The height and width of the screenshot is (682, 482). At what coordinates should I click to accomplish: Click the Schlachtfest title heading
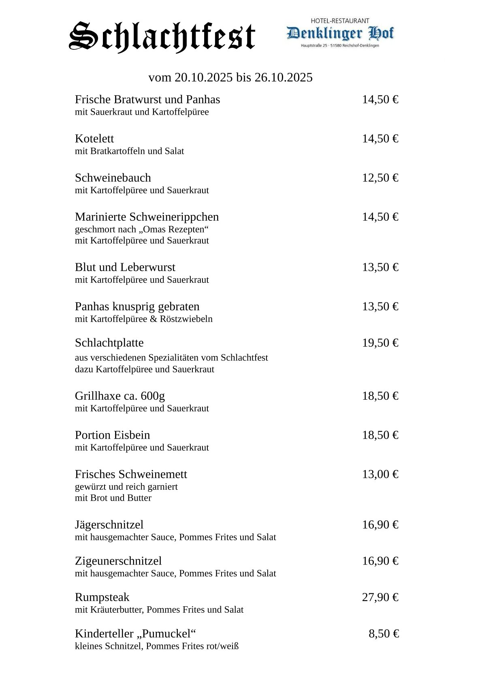click(162, 36)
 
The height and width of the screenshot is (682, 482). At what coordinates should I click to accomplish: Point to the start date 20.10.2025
click(203, 77)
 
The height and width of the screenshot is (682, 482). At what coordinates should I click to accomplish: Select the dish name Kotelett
click(94, 139)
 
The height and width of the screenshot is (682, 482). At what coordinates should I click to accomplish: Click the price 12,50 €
click(380, 178)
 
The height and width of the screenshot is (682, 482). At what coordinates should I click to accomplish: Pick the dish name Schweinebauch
click(113, 178)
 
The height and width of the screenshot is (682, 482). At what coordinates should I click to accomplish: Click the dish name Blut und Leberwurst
click(125, 267)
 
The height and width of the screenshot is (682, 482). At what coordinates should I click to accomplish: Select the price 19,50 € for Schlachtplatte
click(380, 343)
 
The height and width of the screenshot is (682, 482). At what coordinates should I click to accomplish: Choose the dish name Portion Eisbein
click(112, 435)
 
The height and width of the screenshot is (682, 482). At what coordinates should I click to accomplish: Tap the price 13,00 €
click(380, 474)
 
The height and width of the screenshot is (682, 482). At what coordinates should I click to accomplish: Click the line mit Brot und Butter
click(113, 498)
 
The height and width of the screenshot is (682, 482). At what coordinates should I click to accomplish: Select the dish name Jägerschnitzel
click(109, 525)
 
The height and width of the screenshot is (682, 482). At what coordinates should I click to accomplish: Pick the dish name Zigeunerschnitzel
click(118, 561)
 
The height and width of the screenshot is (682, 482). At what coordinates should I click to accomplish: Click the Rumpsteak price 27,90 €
click(380, 597)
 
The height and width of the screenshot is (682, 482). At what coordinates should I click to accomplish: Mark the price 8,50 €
click(383, 634)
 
